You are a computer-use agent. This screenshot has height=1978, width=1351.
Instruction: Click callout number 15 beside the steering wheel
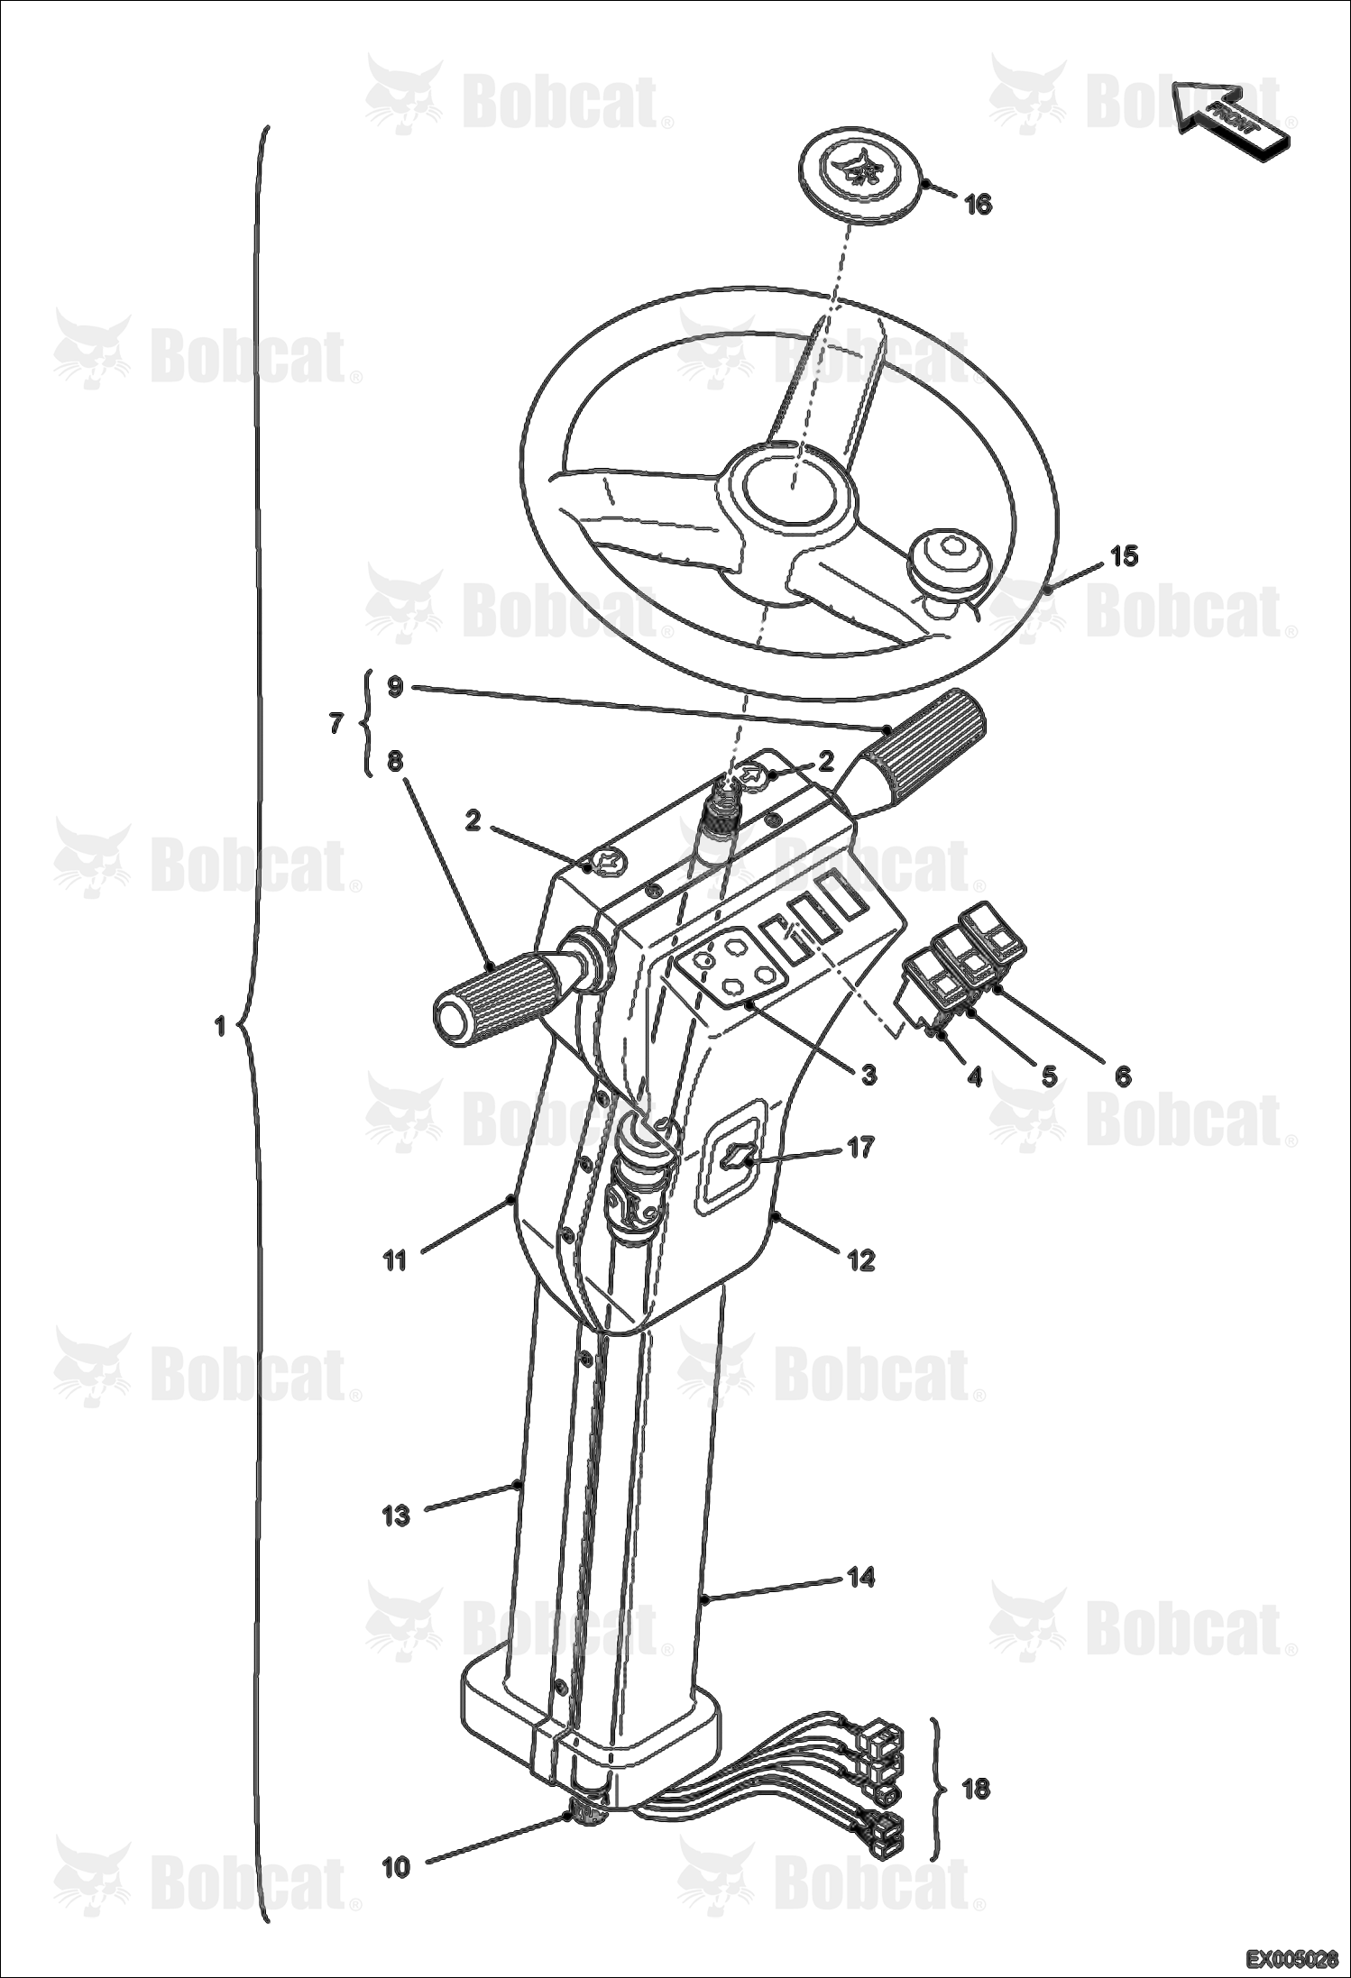point(1124,556)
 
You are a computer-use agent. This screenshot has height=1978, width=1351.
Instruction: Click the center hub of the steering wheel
point(795,491)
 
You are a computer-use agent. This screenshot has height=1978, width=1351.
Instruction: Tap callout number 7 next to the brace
point(336,723)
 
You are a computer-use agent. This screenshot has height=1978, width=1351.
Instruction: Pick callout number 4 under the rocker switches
point(974,1076)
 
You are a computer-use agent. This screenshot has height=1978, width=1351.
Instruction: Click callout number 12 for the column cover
point(862,1259)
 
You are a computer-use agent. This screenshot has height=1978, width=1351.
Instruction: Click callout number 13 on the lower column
point(396,1516)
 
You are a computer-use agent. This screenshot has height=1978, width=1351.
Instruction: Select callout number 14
point(861,1577)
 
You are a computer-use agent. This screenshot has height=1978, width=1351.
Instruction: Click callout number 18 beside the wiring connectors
point(976,1788)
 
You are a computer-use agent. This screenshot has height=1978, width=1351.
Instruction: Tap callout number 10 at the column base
point(396,1868)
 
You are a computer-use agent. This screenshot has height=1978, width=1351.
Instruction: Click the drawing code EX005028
point(1292,1959)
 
